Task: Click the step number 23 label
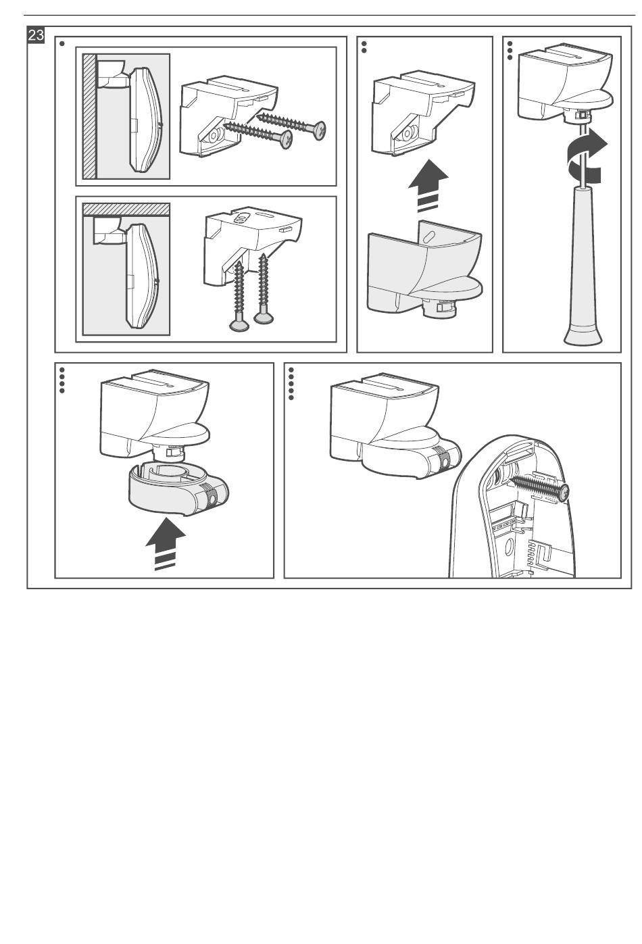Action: tap(35, 34)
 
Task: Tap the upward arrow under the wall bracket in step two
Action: tap(428, 186)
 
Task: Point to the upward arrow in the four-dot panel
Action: tap(166, 544)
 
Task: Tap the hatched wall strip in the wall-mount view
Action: tap(89, 116)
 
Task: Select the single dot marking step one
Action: tap(62, 43)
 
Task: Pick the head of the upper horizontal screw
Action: tap(318, 130)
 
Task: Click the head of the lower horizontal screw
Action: tap(285, 139)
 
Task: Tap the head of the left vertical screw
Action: tap(239, 324)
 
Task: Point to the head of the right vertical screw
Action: tap(264, 318)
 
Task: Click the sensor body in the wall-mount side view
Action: tap(146, 120)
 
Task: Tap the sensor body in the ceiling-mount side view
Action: tap(143, 276)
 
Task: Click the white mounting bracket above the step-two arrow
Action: tap(423, 113)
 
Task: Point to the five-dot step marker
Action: tap(291, 384)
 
